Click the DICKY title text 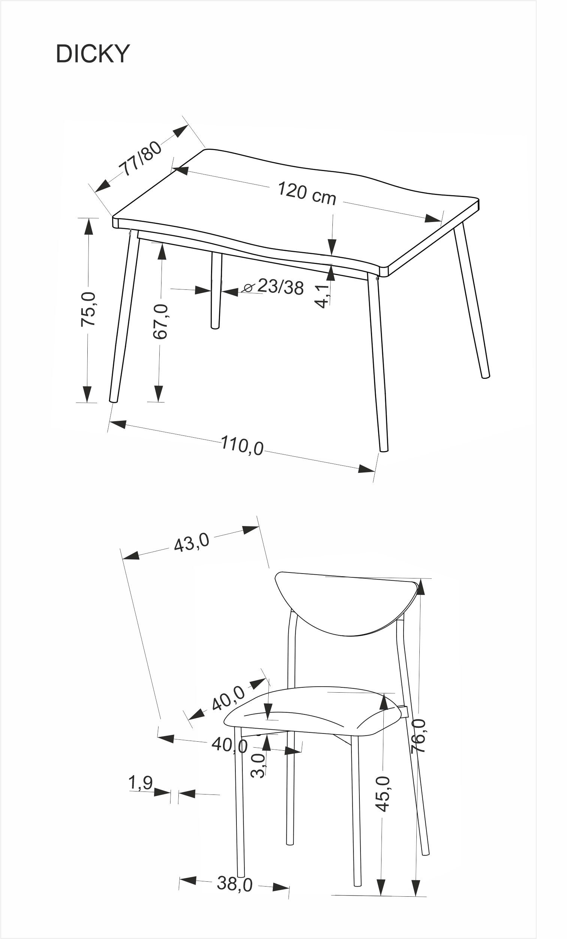coord(93,54)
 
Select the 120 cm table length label coord(307,194)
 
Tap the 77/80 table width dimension coord(141,158)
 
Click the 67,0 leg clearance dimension coord(160,321)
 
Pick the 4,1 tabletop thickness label coord(322,296)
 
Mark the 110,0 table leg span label coord(242,446)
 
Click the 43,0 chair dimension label coord(191,542)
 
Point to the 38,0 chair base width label coord(235,883)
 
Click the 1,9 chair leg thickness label coord(141,783)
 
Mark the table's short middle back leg coord(216,290)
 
